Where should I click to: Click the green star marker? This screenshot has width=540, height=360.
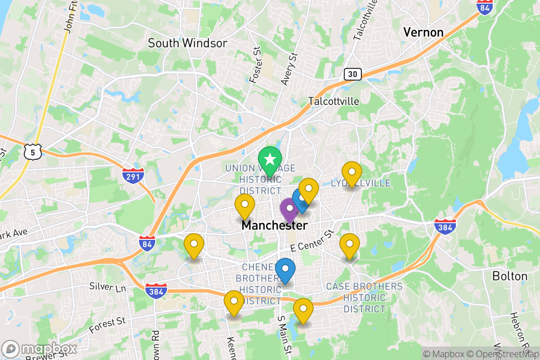(x=270, y=160)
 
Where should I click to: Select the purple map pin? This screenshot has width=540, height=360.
(x=289, y=209)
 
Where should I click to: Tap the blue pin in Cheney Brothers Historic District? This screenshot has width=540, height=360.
(x=285, y=269)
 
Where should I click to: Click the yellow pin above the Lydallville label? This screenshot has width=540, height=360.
(x=351, y=172)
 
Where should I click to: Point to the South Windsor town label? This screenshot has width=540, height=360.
(x=188, y=43)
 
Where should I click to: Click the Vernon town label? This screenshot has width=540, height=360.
(x=423, y=32)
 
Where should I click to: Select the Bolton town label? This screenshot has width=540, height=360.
(x=509, y=276)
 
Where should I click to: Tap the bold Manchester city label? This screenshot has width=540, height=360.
(x=274, y=225)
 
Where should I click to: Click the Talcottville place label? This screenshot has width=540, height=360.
(x=334, y=101)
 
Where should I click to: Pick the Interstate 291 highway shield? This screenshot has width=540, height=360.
(x=133, y=175)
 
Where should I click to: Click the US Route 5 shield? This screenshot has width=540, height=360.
(x=33, y=152)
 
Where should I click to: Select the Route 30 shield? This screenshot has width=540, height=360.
(x=352, y=74)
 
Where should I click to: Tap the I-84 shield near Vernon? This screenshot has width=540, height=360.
(x=485, y=7)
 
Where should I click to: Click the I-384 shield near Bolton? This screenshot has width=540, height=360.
(x=445, y=226)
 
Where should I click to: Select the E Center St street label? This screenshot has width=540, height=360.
(x=313, y=240)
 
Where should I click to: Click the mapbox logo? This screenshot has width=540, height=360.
(x=40, y=349)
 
